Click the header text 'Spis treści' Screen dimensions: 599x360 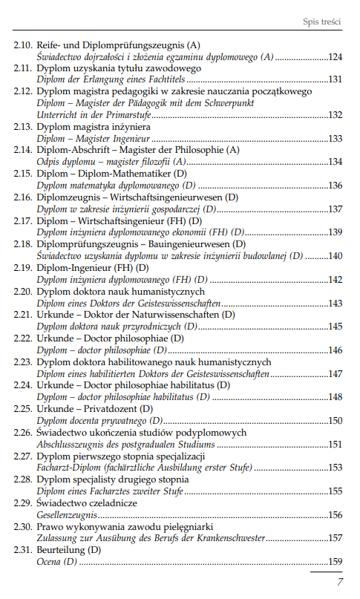321,22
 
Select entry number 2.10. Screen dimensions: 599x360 22,46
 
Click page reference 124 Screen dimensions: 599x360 335,56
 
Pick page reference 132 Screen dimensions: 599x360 335,114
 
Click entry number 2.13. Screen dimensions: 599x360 22,127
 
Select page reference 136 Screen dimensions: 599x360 335,185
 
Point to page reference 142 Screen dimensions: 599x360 335,279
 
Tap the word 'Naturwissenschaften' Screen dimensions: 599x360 154,314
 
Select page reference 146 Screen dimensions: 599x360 335,350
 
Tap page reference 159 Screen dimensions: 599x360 335,562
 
